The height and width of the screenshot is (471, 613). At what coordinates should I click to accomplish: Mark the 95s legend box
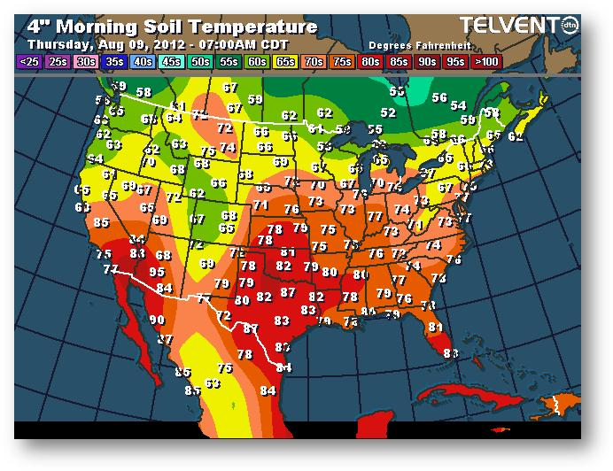coord(455,61)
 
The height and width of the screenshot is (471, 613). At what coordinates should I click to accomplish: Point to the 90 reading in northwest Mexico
coord(158,320)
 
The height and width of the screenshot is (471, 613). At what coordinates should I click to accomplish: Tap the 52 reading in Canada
coord(387,113)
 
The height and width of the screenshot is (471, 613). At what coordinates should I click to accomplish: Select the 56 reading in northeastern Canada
coord(439,98)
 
